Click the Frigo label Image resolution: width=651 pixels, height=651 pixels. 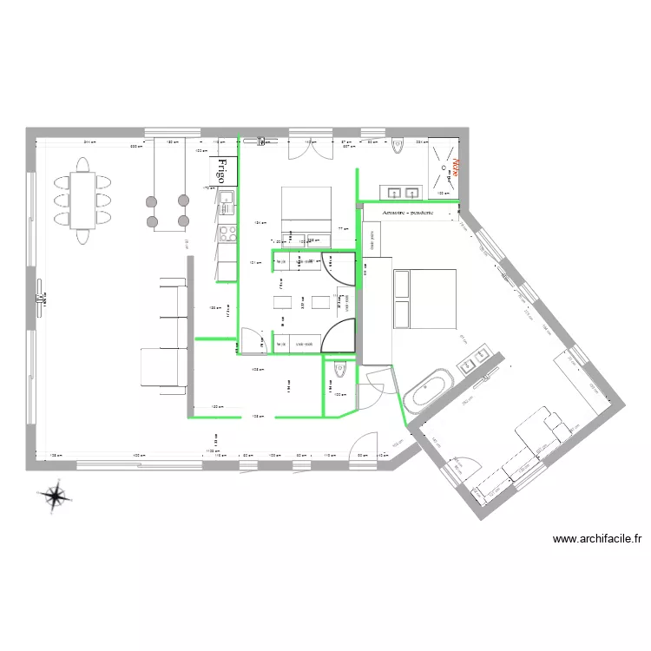[x=224, y=169]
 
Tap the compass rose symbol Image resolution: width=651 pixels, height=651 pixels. [x=55, y=495]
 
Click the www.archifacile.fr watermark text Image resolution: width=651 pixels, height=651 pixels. [x=597, y=539]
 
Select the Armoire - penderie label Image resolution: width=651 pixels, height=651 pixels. [x=407, y=211]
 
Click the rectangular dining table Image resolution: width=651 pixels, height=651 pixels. [x=84, y=199]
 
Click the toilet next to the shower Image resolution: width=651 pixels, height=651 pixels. [x=398, y=145]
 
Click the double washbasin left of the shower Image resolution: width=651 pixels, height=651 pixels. [x=402, y=190]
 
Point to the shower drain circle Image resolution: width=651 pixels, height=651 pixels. [x=451, y=161]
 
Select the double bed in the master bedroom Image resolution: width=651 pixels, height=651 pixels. [x=424, y=299]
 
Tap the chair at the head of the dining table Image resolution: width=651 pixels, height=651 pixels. [x=83, y=163]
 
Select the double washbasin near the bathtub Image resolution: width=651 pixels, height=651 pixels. [x=474, y=362]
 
